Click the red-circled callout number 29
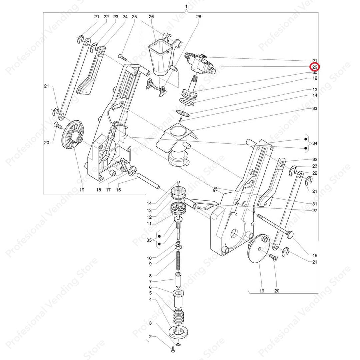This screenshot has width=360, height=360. point(315,67)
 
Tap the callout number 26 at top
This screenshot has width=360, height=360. point(151,17)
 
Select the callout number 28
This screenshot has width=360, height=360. point(199,17)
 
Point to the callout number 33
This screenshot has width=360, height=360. point(315,108)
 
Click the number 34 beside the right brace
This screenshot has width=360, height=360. point(315,143)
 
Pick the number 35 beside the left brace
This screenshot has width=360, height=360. point(149,240)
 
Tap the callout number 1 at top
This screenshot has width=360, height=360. point(186,6)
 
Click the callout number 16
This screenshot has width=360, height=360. point(118,190)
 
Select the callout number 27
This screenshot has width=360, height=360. point(315,211)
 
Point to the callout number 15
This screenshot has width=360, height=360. point(315,255)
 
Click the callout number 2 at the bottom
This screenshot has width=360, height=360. point(150,337)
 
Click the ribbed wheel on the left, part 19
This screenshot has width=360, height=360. point(73,135)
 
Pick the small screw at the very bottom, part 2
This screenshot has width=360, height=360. point(173,350)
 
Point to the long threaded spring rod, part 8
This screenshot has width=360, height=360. point(178,261)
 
